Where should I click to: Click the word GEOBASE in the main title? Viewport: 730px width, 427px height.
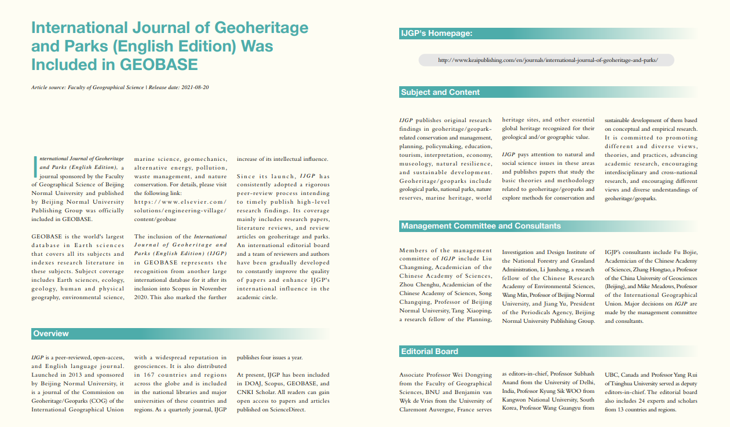(x=159, y=64)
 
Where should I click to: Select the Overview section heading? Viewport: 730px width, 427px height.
(x=51, y=334)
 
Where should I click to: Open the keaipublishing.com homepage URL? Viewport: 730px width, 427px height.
(x=548, y=60)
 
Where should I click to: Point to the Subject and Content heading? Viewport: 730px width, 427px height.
(x=440, y=92)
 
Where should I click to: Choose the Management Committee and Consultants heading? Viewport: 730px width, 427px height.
(x=481, y=226)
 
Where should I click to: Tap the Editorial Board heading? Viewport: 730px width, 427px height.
(x=429, y=351)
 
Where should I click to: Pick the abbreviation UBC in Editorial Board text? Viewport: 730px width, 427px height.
(x=612, y=374)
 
